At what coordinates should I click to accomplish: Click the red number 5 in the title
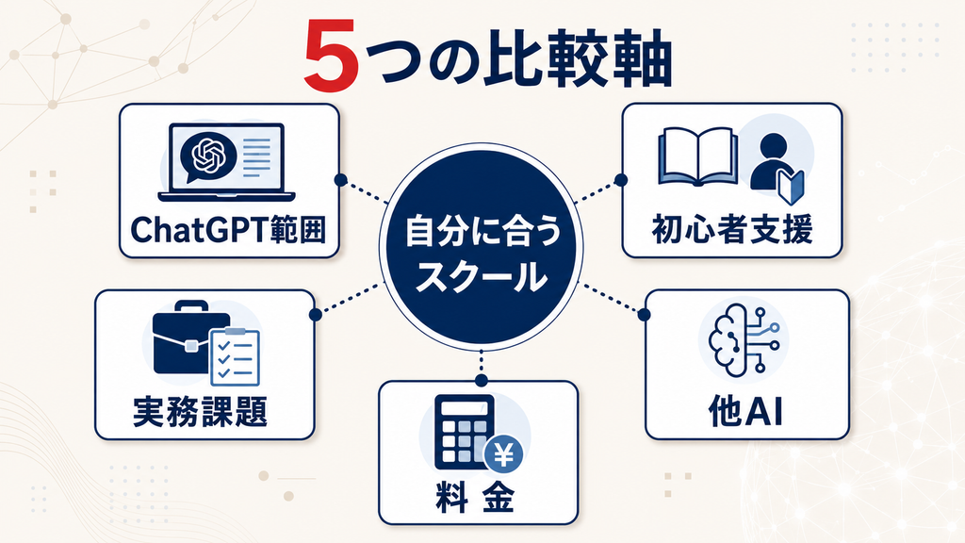[x=331, y=56]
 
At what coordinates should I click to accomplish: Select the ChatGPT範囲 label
[x=228, y=230]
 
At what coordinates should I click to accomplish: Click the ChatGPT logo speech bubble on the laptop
[x=208, y=157]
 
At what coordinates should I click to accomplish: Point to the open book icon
[x=698, y=157]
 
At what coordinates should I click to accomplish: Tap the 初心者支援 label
[x=732, y=229]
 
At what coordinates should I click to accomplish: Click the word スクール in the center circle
[x=482, y=275]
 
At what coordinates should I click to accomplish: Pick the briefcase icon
[x=190, y=337]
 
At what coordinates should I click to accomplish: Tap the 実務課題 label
[x=200, y=411]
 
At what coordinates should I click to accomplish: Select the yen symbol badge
[x=504, y=455]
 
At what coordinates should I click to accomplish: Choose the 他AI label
[x=745, y=411]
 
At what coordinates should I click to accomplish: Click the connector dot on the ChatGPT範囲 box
[x=340, y=180]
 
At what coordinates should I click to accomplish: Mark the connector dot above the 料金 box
[x=482, y=381]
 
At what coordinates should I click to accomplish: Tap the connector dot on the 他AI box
[x=645, y=315]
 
